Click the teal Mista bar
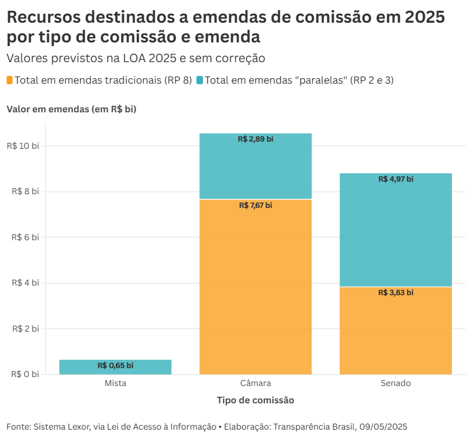click(x=115, y=367)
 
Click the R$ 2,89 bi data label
click(x=256, y=139)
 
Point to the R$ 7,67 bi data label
click(x=256, y=206)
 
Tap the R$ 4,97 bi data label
click(x=396, y=179)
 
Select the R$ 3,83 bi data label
click(x=396, y=293)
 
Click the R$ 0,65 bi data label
click(x=115, y=366)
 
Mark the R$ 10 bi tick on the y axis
click(x=23, y=146)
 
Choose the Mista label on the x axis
click(x=115, y=383)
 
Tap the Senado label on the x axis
click(x=396, y=383)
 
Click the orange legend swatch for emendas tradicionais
click(x=10, y=80)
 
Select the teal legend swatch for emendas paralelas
click(x=199, y=80)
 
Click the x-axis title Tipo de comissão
click(x=256, y=400)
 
